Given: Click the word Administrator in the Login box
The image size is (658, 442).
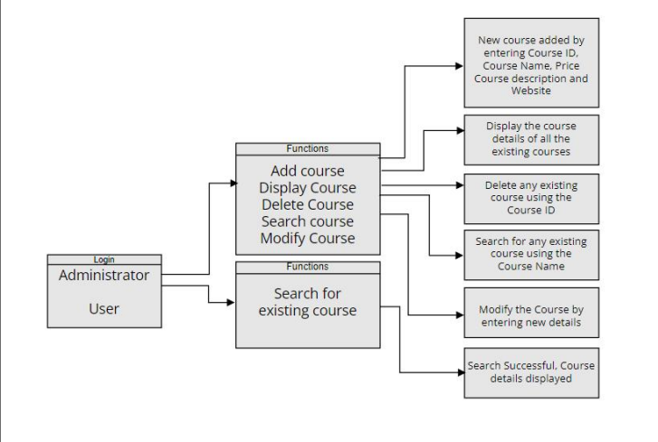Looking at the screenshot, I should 104,275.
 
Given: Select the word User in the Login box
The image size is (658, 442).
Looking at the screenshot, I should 104,308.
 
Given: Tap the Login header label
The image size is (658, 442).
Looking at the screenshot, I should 104,259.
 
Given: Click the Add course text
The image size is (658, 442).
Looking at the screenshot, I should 307,171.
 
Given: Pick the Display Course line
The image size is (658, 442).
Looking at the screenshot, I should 307,188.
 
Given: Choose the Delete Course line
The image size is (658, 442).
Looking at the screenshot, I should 307,204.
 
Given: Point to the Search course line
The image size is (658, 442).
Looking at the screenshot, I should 307,221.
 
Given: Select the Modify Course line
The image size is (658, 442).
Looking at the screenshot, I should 307,239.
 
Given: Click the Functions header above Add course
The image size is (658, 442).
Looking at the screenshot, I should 307,148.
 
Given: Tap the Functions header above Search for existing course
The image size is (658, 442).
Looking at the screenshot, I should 307,267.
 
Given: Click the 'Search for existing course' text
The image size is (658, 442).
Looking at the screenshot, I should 307,303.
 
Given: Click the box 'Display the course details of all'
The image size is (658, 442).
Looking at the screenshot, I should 531,138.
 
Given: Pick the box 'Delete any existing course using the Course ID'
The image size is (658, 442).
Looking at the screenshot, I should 531,198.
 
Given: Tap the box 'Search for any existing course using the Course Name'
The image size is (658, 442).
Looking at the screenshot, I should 531,254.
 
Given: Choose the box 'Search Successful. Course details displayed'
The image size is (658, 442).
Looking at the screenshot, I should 531,371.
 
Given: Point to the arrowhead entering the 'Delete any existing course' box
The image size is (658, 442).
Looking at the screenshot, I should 458,185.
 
